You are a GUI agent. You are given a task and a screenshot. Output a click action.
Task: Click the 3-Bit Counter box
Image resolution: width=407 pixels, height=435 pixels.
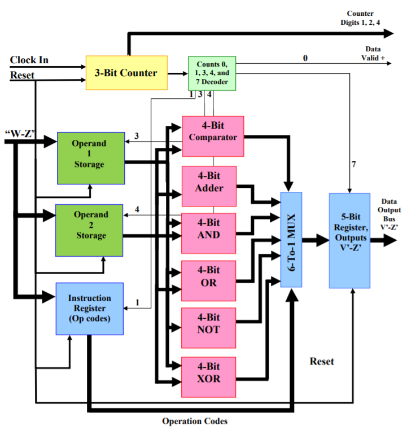(x=126, y=73)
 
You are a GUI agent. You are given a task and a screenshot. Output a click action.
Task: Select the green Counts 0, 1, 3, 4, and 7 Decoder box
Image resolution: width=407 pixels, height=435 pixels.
(x=212, y=73)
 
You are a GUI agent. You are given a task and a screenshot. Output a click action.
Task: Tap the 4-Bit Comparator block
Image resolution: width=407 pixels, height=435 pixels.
(x=212, y=137)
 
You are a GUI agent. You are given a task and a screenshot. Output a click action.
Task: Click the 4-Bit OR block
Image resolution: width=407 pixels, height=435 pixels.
(x=209, y=280)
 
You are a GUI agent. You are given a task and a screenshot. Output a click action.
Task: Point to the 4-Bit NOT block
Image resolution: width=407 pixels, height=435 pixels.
(x=209, y=327)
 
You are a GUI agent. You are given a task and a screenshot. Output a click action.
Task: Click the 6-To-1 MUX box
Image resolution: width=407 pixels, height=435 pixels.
(x=291, y=239)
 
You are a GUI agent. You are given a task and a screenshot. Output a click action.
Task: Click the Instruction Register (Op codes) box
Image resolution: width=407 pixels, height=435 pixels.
(x=89, y=308)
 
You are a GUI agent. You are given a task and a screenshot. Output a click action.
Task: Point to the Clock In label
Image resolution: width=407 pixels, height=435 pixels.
(x=29, y=60)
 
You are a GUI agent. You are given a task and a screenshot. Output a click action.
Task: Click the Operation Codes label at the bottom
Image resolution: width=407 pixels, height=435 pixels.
(x=195, y=421)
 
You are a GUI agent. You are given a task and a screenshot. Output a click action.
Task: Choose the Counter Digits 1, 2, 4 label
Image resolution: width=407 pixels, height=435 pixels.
(x=360, y=18)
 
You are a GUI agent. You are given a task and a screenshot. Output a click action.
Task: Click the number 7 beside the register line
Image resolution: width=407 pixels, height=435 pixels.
(x=355, y=164)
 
